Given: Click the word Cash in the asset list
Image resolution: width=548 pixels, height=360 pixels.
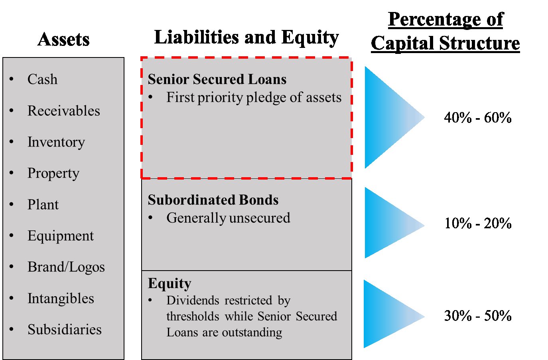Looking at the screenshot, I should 42,79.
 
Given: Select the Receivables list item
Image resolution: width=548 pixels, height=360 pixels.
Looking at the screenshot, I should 63,111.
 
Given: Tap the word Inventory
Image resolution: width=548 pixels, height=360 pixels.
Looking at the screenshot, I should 56,142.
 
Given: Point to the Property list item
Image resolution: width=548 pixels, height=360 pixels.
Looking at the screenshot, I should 53,173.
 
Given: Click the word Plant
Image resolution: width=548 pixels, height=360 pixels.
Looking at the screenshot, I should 43,205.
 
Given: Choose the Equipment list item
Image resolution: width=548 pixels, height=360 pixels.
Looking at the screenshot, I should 61,236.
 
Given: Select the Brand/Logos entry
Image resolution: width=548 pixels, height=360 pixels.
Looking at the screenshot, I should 66,267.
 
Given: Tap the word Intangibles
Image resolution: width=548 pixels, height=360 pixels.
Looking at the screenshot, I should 61,299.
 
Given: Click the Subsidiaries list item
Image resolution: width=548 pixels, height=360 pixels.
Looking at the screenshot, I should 65,330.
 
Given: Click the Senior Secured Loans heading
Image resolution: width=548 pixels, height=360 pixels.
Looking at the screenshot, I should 217,79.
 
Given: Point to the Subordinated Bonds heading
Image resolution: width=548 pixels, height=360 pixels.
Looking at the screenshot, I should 213,200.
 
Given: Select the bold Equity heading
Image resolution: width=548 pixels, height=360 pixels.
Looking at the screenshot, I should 170,283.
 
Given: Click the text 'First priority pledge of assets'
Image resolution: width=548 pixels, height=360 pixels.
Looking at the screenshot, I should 254,97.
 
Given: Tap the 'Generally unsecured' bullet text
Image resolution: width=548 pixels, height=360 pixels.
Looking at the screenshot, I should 228,218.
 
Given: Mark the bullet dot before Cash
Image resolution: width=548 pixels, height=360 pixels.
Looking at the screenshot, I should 12,79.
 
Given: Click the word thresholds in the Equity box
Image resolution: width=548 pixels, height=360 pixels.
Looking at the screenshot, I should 193,316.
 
